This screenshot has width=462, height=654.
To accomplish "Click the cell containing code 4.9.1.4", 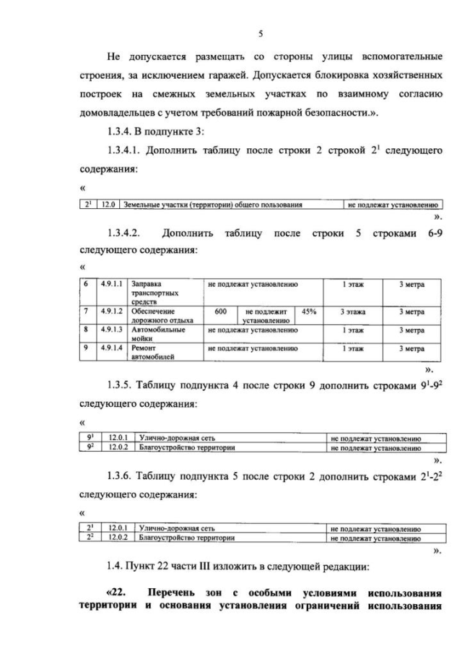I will click(x=110, y=348).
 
